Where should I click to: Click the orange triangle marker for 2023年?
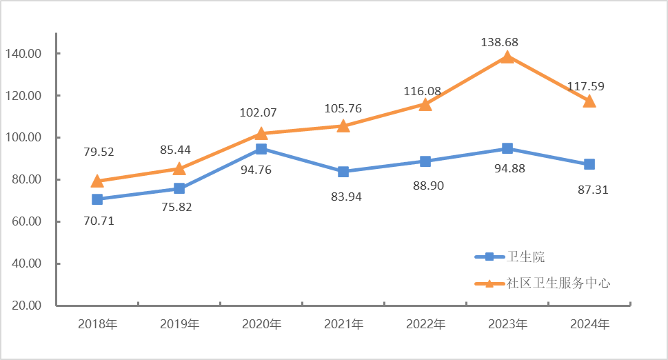pos(507,57)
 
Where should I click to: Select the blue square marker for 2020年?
pos(261,149)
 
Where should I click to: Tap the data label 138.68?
pos(499,42)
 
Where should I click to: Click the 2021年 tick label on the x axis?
pos(344,324)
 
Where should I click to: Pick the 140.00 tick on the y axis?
pos(23,54)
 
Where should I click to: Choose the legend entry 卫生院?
pos(526,257)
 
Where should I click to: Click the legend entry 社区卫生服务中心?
pos(558,283)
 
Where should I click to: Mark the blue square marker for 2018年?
pos(97,199)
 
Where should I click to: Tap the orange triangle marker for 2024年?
pos(589,101)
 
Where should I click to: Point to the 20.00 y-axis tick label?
pos(23,306)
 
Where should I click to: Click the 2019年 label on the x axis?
pos(180,324)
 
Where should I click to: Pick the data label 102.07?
pos(258,112)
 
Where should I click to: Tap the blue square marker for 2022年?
pos(425,161)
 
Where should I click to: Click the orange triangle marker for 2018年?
pos(97,181)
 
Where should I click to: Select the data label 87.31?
pos(590,190)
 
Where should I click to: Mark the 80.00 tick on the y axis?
pos(23,180)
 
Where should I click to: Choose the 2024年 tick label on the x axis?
pos(589,324)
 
